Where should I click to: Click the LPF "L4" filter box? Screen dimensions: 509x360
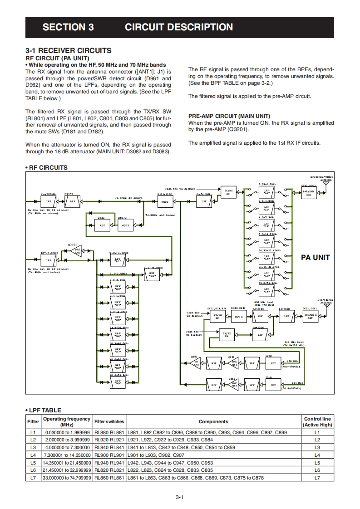pyautogui.click(x=266, y=240)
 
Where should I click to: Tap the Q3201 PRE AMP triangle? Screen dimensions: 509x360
pyautogui.click(x=78, y=250)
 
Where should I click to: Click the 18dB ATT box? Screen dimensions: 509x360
pyautogui.click(x=102, y=225)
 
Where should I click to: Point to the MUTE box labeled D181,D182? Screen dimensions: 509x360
pyautogui.click(x=165, y=201)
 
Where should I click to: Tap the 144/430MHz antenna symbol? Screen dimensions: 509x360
pyautogui.click(x=325, y=305)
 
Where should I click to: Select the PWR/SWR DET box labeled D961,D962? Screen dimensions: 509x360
pyautogui.click(x=309, y=193)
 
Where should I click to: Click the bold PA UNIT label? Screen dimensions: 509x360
pyautogui.click(x=316, y=257)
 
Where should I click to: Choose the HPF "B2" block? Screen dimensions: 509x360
pyautogui.click(x=152, y=275)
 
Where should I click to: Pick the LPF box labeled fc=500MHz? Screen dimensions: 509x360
pyautogui.click(x=49, y=201)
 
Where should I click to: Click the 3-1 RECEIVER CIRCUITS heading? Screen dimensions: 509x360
pyautogui.click(x=69, y=51)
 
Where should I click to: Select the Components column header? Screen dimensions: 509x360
pyautogui.click(x=213, y=421)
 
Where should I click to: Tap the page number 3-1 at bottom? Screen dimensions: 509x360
pyautogui.click(x=179, y=497)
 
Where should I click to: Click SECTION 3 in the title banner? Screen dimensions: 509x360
pyautogui.click(x=68, y=27)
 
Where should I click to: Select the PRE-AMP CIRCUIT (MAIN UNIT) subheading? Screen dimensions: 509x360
pyautogui.click(x=229, y=116)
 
